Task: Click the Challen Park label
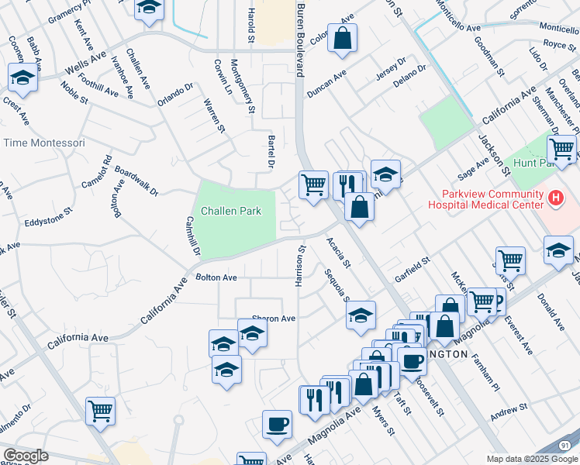coord(231,211)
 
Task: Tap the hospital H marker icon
coord(555,199)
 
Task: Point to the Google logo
coord(25,456)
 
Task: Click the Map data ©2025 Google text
coord(532,459)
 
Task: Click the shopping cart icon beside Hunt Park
coord(561,148)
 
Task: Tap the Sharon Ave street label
coord(273,319)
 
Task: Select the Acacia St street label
coord(339,253)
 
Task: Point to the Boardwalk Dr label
coord(136,180)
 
